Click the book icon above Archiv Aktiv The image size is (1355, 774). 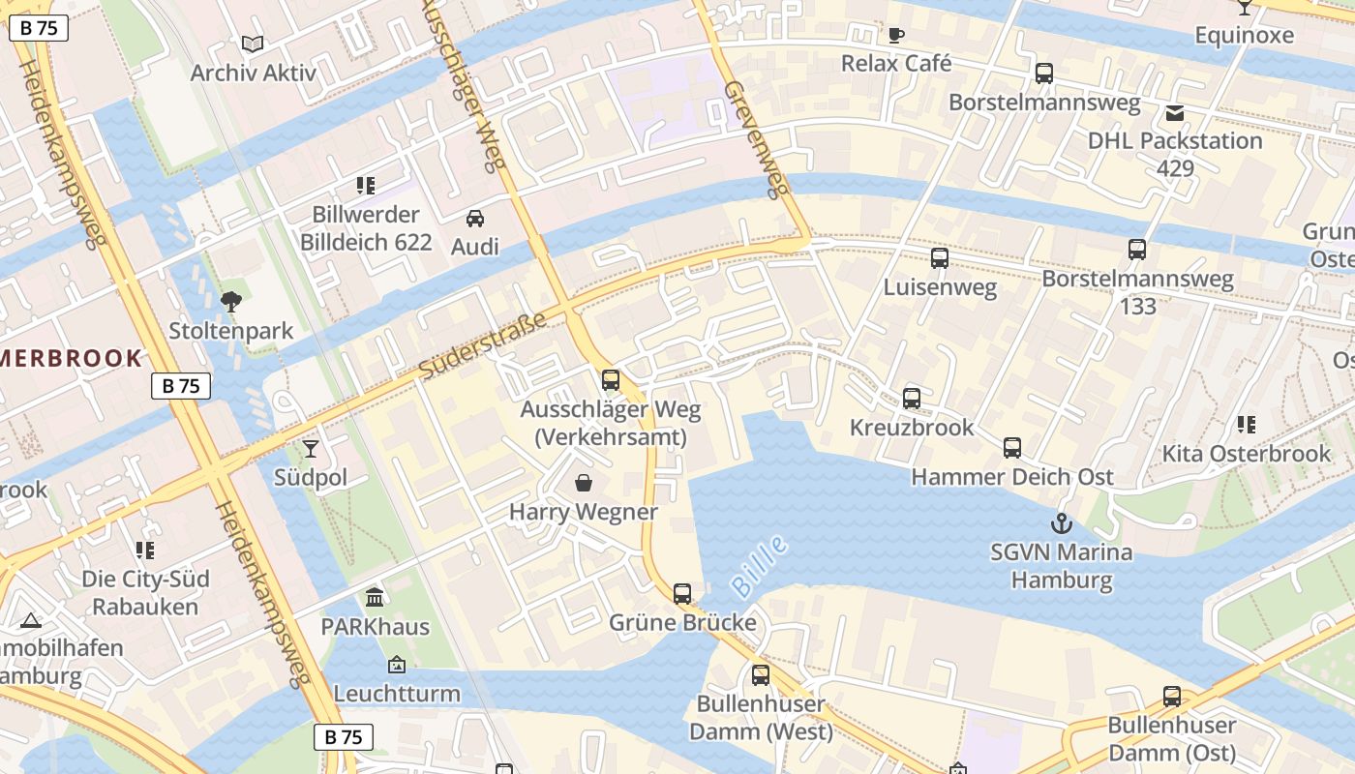[253, 44]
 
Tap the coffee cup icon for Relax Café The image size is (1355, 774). [896, 36]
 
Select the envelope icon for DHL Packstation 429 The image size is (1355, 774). [1175, 113]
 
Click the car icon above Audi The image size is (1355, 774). [475, 219]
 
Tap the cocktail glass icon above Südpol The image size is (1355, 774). [310, 448]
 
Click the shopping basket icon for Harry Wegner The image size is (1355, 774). [584, 483]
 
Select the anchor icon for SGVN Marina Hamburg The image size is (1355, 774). [1062, 524]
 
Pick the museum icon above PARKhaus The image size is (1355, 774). [375, 597]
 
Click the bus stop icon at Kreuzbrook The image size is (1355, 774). [912, 399]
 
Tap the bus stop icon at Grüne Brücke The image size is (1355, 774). [682, 594]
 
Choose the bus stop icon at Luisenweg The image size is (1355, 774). [940, 258]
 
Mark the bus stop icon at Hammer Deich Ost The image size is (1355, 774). [1012, 448]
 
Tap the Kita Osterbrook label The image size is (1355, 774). [1247, 454]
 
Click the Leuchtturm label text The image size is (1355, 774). [397, 694]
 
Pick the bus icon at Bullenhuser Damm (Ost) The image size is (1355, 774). [1172, 697]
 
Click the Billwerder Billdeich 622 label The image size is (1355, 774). [366, 228]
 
